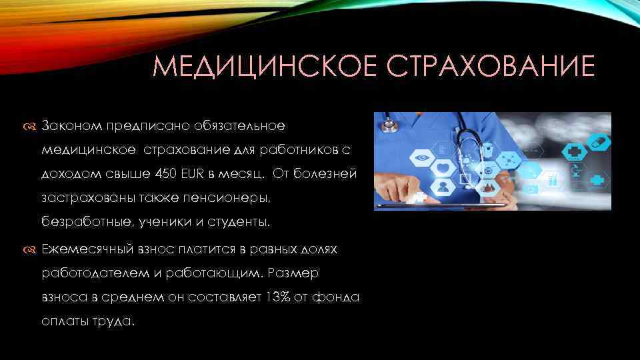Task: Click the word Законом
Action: pos(71,125)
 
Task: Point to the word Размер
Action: pos(295,273)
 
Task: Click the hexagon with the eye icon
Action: pos(421,159)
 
